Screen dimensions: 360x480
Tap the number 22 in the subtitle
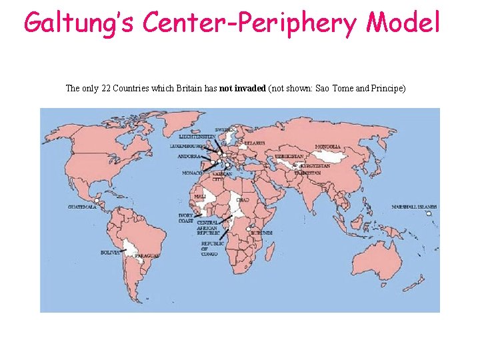click(106, 89)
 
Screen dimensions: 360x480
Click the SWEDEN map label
click(224, 129)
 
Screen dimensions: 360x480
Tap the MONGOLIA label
click(328, 147)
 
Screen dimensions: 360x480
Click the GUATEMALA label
click(82, 207)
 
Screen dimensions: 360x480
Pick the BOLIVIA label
click(110, 253)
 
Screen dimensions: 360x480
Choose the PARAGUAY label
click(147, 256)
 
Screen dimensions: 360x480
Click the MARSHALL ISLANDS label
click(414, 207)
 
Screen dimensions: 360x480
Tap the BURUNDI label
click(263, 233)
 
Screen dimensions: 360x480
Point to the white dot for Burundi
click(248, 229)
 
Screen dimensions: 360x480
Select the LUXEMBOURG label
click(185, 145)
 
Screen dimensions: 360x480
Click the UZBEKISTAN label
click(289, 156)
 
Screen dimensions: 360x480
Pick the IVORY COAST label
click(185, 218)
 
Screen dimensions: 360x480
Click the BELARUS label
click(254, 143)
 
